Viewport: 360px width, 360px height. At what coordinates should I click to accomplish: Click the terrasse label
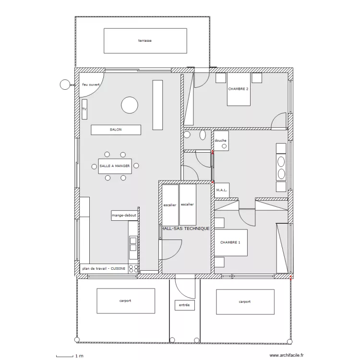(145, 41)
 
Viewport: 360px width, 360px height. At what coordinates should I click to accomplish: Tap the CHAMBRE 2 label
(238, 89)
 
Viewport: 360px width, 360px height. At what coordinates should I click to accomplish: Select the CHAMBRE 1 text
(230, 242)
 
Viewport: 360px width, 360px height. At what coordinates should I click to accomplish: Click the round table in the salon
(130, 105)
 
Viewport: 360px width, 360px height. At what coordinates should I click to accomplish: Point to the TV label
(84, 109)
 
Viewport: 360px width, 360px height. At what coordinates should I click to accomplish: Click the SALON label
(116, 130)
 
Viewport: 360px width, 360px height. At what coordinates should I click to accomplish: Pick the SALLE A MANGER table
(115, 166)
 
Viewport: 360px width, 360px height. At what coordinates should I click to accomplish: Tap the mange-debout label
(124, 216)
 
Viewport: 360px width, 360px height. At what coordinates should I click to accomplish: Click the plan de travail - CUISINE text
(104, 268)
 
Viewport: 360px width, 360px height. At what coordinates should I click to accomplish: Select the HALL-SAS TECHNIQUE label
(186, 228)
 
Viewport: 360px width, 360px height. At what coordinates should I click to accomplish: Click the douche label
(220, 140)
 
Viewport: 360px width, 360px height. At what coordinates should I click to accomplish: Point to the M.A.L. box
(222, 190)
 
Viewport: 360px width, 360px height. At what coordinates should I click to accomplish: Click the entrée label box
(185, 305)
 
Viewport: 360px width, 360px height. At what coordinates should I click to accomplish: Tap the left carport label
(125, 300)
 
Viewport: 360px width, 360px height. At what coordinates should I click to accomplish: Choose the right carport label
(244, 302)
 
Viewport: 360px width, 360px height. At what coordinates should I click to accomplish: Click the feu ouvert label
(91, 84)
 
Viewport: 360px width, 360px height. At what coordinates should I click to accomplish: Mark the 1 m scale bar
(65, 356)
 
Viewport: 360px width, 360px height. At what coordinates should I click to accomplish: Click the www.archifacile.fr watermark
(287, 355)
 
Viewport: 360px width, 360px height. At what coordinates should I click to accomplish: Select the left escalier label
(169, 205)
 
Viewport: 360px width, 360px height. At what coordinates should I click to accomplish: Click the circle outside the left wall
(65, 84)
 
